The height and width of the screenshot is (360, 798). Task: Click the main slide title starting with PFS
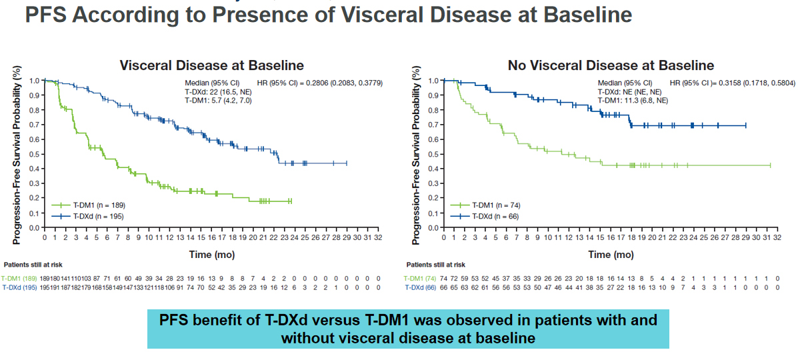(329, 15)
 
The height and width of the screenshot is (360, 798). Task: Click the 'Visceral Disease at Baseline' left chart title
(211, 65)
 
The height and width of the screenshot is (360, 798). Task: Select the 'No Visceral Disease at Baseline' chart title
(611, 65)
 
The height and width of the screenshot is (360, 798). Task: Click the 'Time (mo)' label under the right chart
(611, 254)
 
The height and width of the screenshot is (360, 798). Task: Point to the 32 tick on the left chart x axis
(378, 237)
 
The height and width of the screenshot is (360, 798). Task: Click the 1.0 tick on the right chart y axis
(433, 80)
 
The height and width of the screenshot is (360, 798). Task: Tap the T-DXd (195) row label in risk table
(18, 287)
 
